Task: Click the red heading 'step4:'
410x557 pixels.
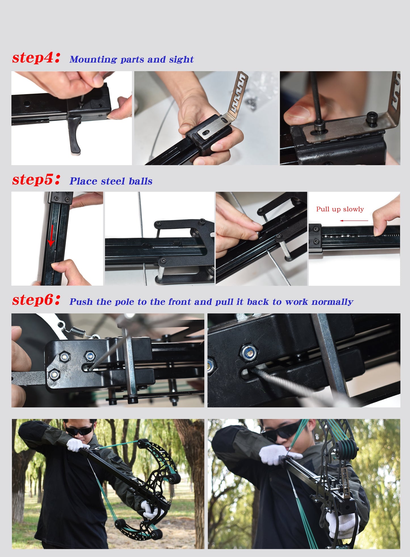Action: click(x=36, y=58)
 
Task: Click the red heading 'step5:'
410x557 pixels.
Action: click(x=36, y=180)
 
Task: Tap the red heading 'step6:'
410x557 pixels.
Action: click(x=36, y=300)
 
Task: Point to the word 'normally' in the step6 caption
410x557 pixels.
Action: click(x=332, y=302)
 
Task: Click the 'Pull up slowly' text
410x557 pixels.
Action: click(x=340, y=209)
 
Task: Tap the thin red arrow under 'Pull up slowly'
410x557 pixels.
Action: click(x=354, y=221)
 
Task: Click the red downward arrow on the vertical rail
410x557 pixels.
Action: click(x=51, y=235)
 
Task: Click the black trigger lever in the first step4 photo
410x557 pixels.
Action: click(x=75, y=135)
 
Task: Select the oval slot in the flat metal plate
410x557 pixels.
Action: click(x=207, y=133)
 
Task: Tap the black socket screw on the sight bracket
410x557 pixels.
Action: click(x=371, y=117)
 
